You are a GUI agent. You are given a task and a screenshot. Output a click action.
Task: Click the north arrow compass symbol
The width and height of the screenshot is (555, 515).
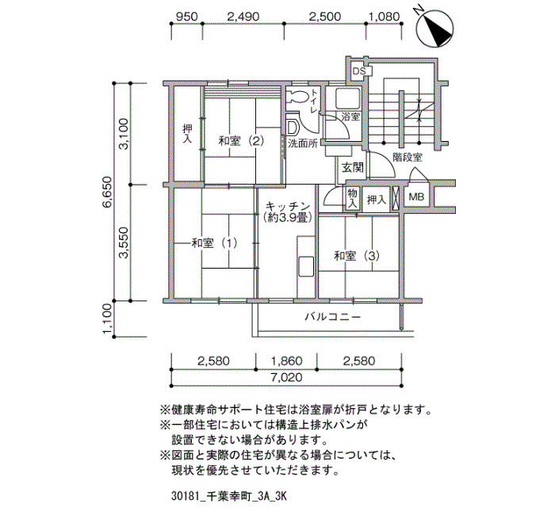[434, 28]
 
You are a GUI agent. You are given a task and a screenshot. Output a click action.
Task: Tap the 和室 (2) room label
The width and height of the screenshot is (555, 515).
[241, 141]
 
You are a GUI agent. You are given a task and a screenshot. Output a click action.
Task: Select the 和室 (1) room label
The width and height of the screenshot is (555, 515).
[214, 243]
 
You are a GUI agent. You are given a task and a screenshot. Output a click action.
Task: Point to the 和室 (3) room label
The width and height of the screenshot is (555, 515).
[357, 255]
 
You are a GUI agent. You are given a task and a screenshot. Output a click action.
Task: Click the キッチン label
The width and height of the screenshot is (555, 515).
[288, 206]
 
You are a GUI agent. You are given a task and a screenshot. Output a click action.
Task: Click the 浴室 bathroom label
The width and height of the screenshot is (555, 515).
[350, 116]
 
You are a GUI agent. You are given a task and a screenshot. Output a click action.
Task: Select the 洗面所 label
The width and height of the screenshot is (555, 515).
[302, 143]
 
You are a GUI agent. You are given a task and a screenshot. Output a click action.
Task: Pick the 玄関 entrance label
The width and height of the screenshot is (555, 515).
[353, 167]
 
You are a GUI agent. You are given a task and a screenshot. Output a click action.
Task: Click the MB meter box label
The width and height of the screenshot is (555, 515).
[416, 196]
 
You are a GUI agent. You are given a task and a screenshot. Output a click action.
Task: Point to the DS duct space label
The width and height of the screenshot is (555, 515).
[358, 71]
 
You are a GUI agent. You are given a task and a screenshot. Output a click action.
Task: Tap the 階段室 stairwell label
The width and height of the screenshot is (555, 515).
[408, 158]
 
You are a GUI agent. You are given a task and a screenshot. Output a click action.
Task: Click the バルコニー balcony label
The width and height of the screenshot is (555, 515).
[333, 316]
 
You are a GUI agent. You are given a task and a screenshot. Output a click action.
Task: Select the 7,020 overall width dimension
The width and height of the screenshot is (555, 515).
[287, 377]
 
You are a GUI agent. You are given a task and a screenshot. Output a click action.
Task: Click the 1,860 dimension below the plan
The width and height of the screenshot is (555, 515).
[287, 361]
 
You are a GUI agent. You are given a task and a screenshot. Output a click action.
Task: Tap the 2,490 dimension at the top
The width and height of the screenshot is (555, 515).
[243, 17]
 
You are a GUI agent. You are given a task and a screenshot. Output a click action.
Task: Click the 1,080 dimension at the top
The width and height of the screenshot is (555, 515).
[384, 17]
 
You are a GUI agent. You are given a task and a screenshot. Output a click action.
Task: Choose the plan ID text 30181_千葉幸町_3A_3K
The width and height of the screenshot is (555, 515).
[228, 496]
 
